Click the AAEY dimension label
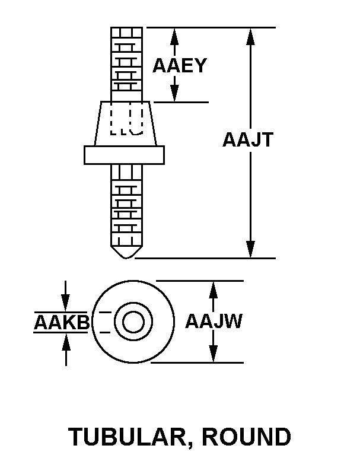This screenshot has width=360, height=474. pyautogui.click(x=179, y=65)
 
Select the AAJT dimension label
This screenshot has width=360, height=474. pyautogui.click(x=247, y=140)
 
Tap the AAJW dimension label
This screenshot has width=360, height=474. pyautogui.click(x=213, y=322)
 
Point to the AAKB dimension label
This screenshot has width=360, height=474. pyautogui.click(x=61, y=323)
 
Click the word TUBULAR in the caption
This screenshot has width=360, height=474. pyautogui.click(x=130, y=437)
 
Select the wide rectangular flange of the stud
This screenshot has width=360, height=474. pyautogui.click(x=125, y=154)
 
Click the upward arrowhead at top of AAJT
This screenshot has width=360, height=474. pyautogui.click(x=251, y=36)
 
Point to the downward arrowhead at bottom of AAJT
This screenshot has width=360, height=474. pyautogui.click(x=251, y=250)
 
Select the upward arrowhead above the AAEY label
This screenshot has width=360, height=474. pyautogui.click(x=174, y=36)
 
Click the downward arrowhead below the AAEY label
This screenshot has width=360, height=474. pyautogui.click(x=174, y=94)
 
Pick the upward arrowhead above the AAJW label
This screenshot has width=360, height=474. pyautogui.click(x=214, y=290)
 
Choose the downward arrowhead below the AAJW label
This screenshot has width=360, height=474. pyautogui.click(x=214, y=354)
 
